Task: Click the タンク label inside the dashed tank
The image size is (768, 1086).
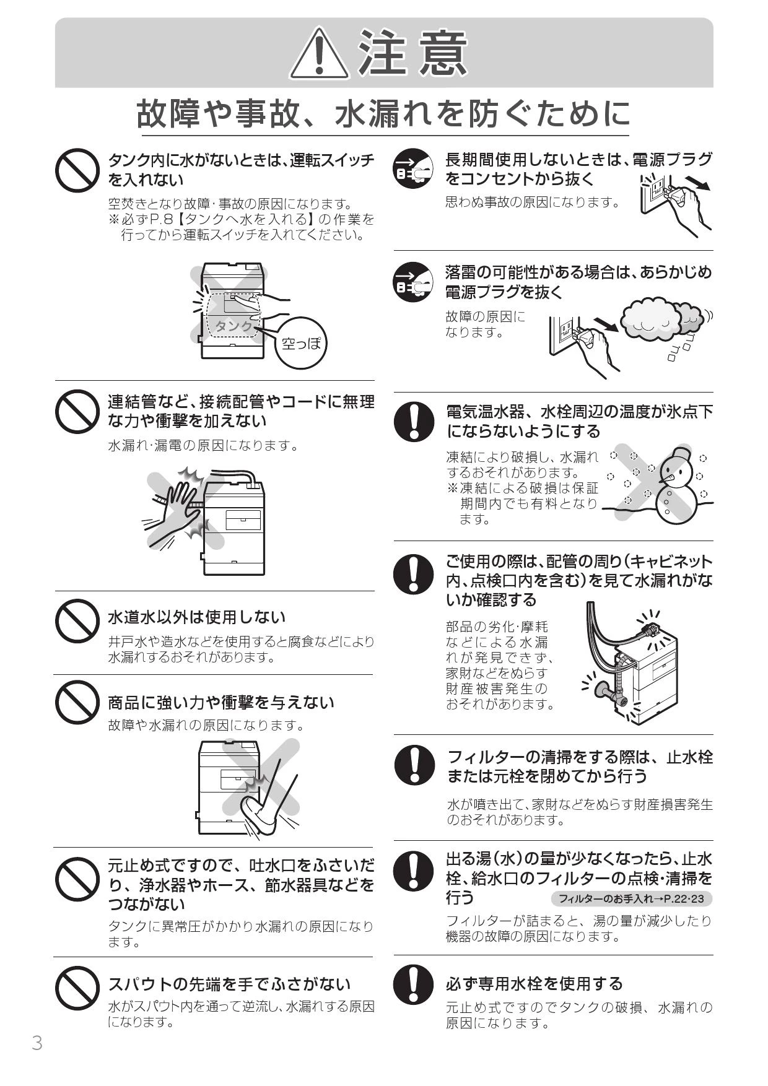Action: pyautogui.click(x=234, y=325)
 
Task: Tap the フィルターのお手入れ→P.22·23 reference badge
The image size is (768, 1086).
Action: pyautogui.click(x=631, y=898)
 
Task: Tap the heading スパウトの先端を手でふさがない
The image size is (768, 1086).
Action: pyautogui.click(x=230, y=984)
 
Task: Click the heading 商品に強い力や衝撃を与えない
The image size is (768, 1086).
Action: pyautogui.click(x=221, y=702)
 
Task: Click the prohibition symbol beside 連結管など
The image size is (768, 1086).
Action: pyautogui.click(x=77, y=411)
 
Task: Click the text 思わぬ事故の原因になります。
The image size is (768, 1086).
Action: pyautogui.click(x=533, y=202)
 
